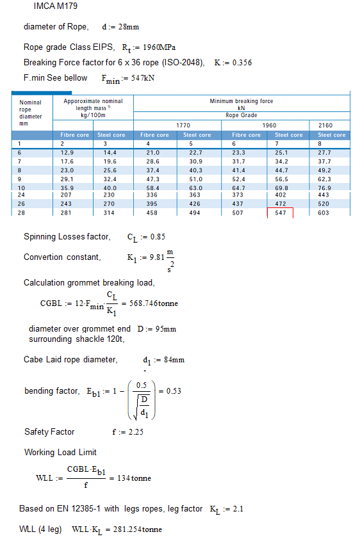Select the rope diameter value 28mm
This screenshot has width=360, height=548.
point(130,28)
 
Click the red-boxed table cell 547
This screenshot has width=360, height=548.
point(280,213)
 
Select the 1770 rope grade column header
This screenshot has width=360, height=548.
point(183,125)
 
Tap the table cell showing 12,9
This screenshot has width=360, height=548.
point(67,152)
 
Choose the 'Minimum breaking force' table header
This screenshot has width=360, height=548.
point(241,101)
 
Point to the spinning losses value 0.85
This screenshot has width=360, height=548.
point(158,237)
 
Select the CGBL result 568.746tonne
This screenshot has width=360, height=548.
point(152,303)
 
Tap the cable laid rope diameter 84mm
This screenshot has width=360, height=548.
point(173,360)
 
